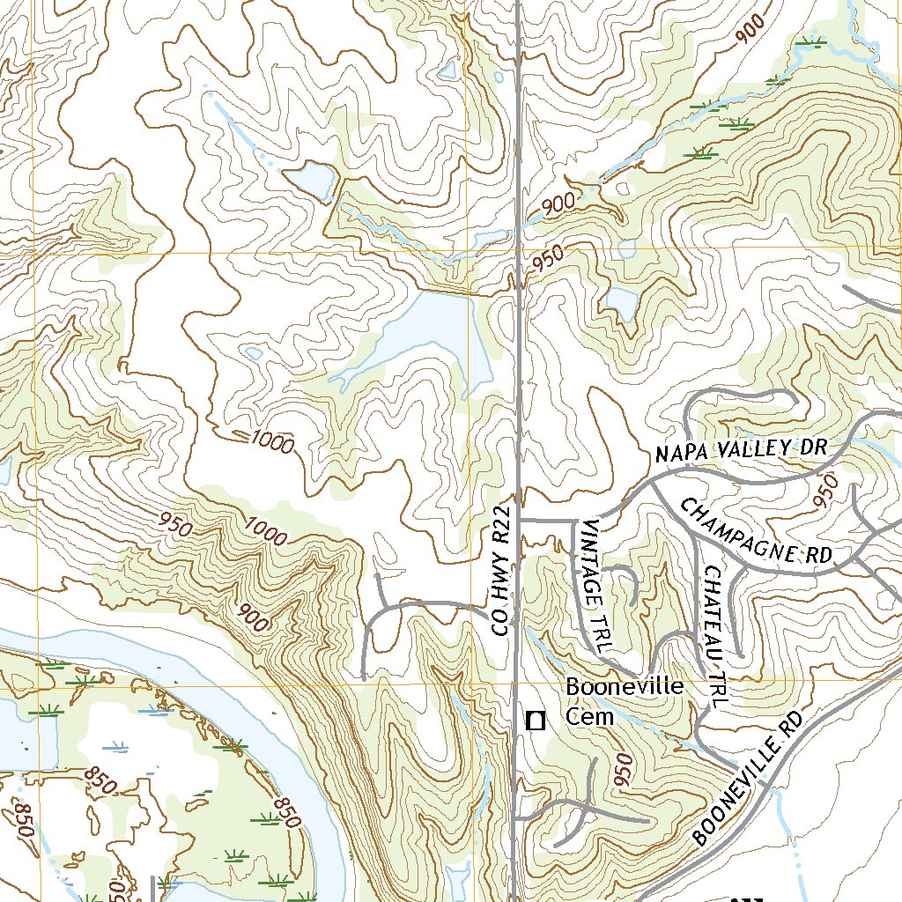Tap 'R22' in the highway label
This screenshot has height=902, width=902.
pos(502,524)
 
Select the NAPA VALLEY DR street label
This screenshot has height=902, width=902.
pos(741,450)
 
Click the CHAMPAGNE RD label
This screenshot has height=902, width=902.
pos(757,532)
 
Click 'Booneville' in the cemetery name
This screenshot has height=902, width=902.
pos(625,686)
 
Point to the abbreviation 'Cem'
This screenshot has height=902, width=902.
pos(589,716)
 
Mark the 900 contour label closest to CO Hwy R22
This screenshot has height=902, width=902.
pos(558,204)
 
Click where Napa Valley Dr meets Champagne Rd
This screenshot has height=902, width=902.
pos(654,482)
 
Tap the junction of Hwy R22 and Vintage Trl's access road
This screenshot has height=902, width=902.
pos(518,521)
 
